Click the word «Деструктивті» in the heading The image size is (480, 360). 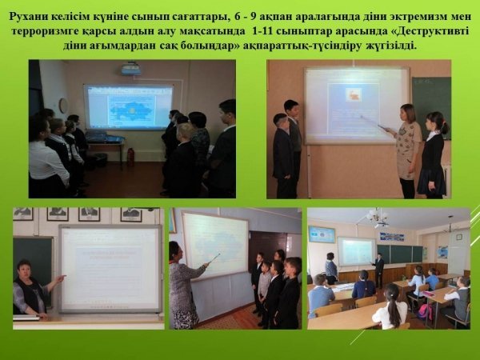[430, 31]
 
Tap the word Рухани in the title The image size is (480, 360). [29, 17]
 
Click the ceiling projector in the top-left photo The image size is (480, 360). [131, 69]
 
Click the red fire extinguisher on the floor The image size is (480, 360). [130, 157]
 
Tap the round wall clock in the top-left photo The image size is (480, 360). [64, 106]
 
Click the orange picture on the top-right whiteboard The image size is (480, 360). [354, 94]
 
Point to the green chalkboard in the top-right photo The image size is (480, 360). [430, 107]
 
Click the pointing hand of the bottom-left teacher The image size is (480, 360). [62, 278]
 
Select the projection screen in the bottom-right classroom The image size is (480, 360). [357, 251]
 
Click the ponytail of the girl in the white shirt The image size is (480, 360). [394, 308]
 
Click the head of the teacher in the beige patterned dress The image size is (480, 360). [407, 112]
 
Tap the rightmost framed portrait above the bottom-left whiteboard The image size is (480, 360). [131, 214]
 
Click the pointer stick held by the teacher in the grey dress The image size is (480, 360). [214, 258]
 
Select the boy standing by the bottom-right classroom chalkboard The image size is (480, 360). [379, 270]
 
